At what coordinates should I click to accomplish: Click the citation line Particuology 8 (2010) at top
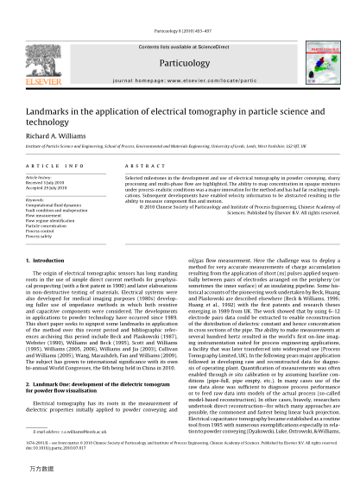(180, 9)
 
